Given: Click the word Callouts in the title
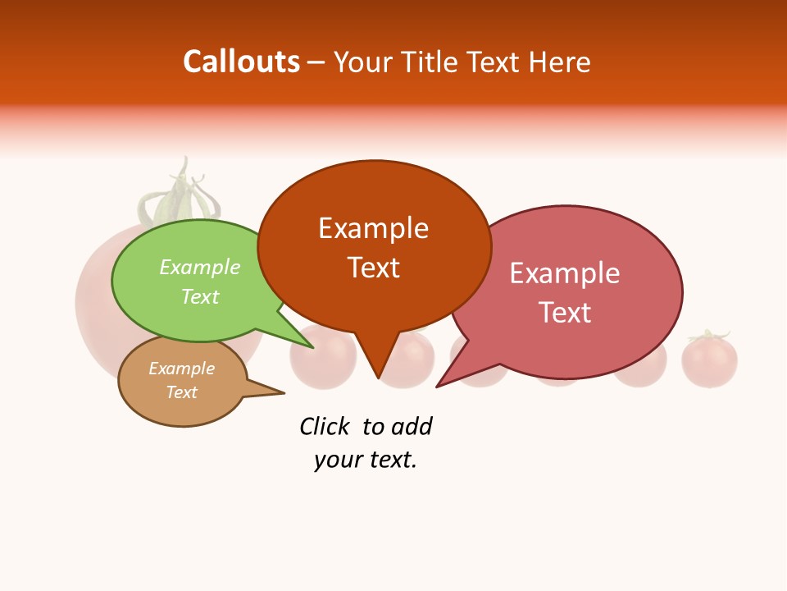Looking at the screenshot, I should (241, 62).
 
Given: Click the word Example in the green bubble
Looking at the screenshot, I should (200, 267).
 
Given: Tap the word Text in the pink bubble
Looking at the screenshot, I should (565, 312).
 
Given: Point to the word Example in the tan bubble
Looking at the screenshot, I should (181, 369).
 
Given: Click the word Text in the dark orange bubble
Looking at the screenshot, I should (374, 267).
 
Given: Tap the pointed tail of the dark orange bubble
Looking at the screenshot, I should (377, 373).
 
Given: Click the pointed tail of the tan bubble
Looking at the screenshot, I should (279, 392).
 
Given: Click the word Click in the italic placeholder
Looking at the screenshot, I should (324, 426).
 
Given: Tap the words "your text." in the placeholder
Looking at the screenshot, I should (366, 460).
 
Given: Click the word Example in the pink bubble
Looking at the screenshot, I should (565, 273).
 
